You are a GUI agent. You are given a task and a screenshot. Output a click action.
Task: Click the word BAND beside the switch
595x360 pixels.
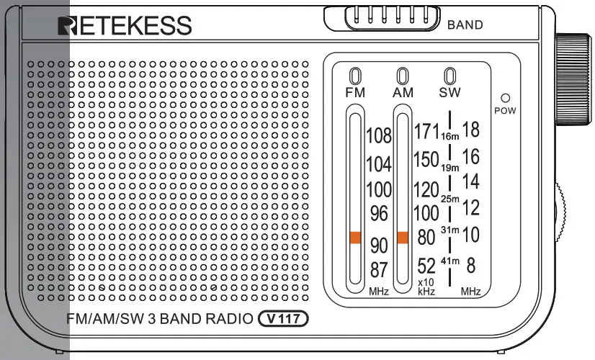(x=465, y=25)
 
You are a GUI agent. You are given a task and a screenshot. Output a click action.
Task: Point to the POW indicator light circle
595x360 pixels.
(x=505, y=98)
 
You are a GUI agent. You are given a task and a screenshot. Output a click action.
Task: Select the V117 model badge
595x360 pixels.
(x=283, y=318)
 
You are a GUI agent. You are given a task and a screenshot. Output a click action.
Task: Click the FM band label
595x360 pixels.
(x=355, y=92)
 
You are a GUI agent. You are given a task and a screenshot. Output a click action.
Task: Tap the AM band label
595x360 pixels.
(x=403, y=92)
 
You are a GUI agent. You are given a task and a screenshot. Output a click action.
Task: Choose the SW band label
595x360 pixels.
(x=449, y=92)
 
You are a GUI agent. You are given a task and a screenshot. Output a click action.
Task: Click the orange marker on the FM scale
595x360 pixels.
(x=354, y=238)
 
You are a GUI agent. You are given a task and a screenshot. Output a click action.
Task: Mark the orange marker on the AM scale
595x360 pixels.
(x=402, y=237)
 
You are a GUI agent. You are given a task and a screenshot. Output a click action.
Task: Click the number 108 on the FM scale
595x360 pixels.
(x=378, y=135)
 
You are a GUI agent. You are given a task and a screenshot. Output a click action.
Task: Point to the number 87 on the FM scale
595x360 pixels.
(x=379, y=270)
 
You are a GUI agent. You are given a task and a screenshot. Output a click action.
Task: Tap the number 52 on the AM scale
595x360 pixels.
(x=426, y=266)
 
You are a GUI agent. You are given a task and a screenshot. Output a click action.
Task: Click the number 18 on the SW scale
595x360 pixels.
(x=470, y=130)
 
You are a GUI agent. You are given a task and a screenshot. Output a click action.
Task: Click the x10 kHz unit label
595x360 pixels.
(x=426, y=287)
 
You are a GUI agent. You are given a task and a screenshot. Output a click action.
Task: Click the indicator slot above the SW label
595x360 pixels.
(x=449, y=76)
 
